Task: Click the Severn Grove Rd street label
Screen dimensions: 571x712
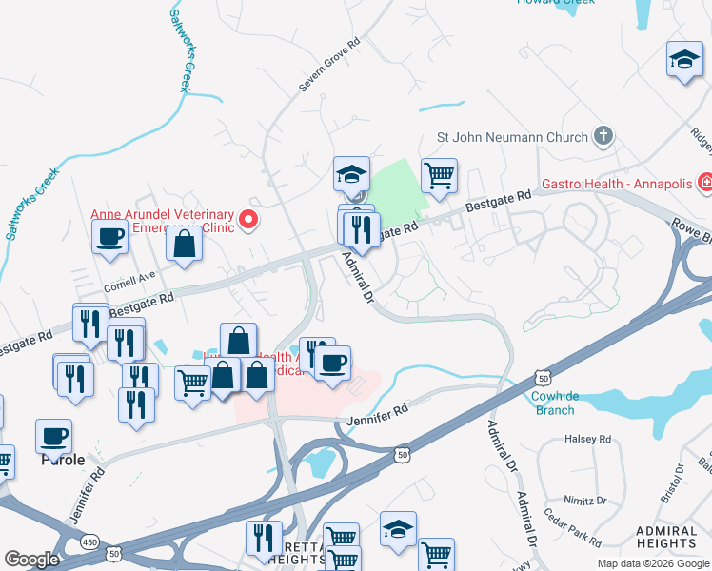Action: pyautogui.click(x=330, y=66)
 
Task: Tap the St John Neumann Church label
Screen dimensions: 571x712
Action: pyautogui.click(x=512, y=137)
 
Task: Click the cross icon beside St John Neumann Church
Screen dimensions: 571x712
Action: pyautogui.click(x=603, y=137)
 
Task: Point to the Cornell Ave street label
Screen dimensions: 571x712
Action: pyautogui.click(x=129, y=278)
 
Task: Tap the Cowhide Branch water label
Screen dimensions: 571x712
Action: pyautogui.click(x=553, y=403)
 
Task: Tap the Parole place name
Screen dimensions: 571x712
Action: pyautogui.click(x=63, y=459)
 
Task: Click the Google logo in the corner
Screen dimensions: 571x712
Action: pyautogui.click(x=31, y=560)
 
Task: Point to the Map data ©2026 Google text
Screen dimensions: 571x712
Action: pyautogui.click(x=653, y=563)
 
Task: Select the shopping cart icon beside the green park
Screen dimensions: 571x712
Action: pyautogui.click(x=439, y=174)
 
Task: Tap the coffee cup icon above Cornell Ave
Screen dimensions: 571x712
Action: pyautogui.click(x=109, y=236)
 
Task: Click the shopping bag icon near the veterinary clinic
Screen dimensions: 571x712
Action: pyautogui.click(x=183, y=244)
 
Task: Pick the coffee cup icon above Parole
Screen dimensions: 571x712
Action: pyautogui.click(x=53, y=436)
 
